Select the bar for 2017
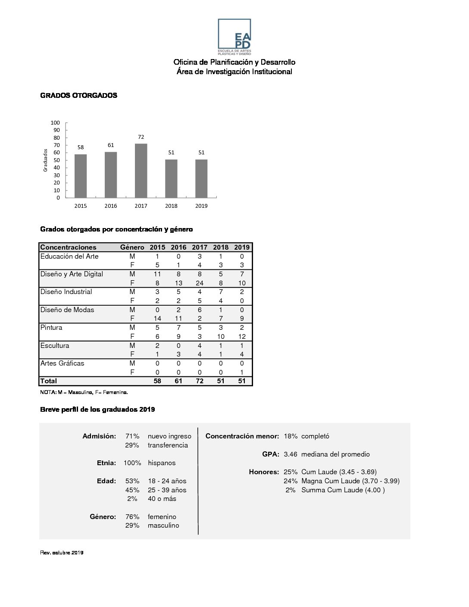(x=141, y=171)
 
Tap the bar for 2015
(x=81, y=176)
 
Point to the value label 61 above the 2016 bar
(x=111, y=145)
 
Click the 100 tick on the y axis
(x=56, y=123)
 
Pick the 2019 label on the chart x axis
(x=201, y=206)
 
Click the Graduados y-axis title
(x=45, y=160)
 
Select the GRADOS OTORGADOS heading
(x=78, y=96)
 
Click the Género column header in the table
(x=132, y=247)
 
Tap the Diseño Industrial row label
(x=66, y=292)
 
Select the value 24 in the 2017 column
(x=200, y=283)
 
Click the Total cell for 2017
(x=200, y=381)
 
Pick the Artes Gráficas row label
(x=62, y=363)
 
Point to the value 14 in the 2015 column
(x=157, y=319)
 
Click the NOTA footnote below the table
(x=84, y=392)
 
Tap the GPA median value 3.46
(x=291, y=454)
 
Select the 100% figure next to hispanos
(x=132, y=463)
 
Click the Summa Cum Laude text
(x=343, y=490)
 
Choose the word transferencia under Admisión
(x=168, y=445)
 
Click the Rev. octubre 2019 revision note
(x=62, y=553)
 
